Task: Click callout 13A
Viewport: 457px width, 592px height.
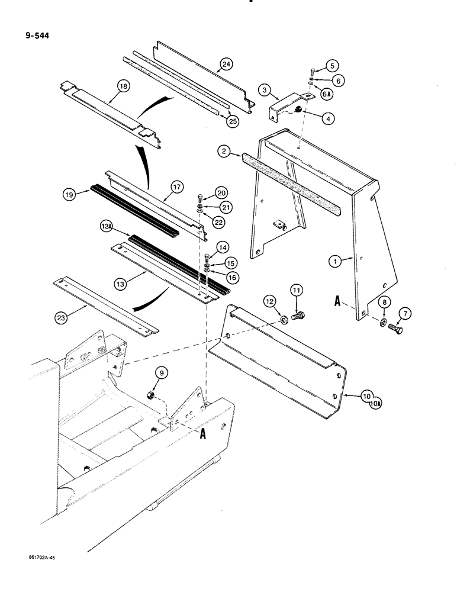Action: (107, 227)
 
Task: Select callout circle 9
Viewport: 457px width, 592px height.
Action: (161, 373)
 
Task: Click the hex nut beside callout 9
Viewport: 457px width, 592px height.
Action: (151, 395)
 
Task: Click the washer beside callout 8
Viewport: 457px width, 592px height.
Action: (384, 323)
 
